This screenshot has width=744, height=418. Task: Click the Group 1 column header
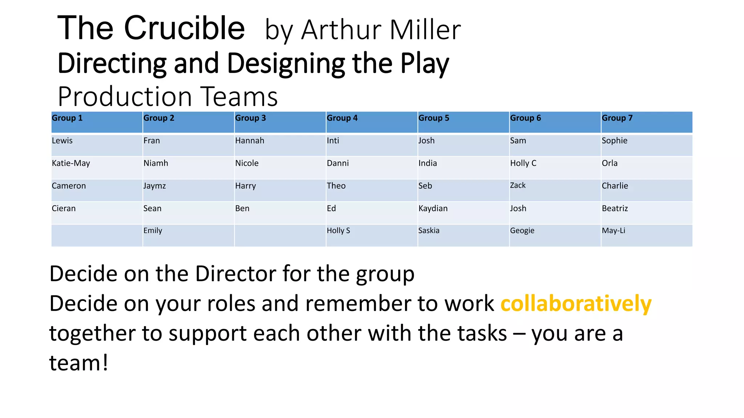point(67,118)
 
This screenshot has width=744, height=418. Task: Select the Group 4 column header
point(342,118)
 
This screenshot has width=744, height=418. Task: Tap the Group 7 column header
point(617,118)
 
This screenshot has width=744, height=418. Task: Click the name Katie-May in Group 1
point(71,163)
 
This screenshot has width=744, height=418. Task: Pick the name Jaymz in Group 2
point(154,186)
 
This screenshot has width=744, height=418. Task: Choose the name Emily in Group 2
point(153,231)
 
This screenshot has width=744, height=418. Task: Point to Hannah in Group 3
point(250,141)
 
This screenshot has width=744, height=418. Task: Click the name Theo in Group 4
point(336,186)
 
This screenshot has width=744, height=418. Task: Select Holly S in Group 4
point(338,231)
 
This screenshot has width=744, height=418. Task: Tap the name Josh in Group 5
point(426,141)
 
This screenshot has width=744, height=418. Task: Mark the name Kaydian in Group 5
point(433,209)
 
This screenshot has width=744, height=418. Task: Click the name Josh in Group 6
point(518,209)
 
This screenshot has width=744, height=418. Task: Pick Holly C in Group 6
point(523,163)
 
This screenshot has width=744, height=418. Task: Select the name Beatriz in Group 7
point(615,209)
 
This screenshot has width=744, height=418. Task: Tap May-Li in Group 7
point(613,231)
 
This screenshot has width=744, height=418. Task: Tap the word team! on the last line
point(78,362)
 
